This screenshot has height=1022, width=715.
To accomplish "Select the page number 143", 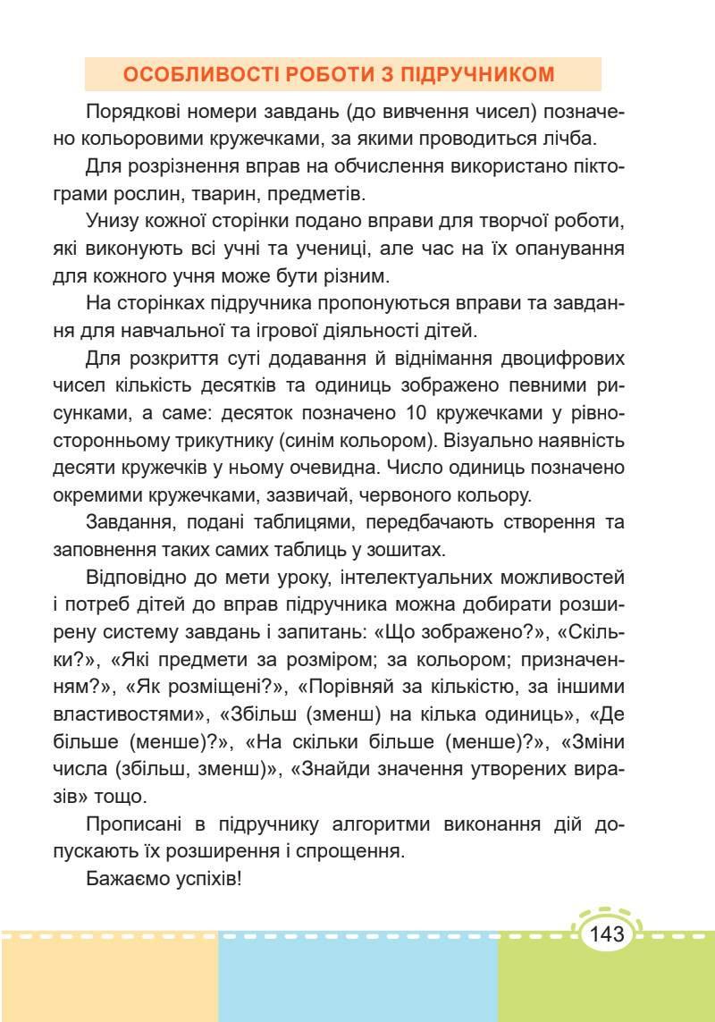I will [x=607, y=935].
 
